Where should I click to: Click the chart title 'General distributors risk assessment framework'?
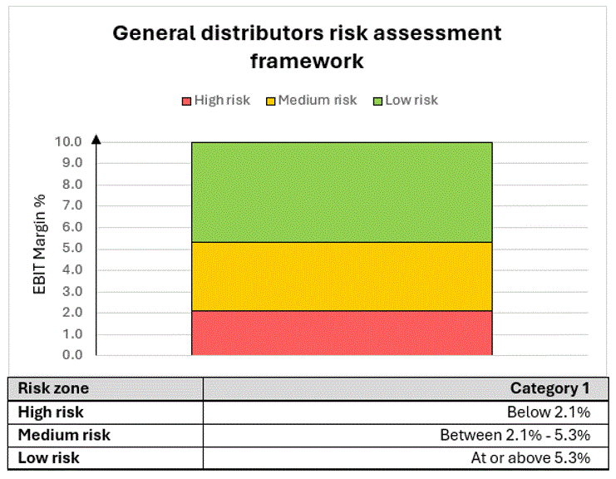point(307,47)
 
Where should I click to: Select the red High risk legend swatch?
point(186,101)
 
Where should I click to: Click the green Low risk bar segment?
point(342,191)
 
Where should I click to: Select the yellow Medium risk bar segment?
point(342,276)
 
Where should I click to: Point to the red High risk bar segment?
point(342,333)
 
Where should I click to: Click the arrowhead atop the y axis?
point(96,140)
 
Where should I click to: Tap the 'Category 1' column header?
point(549,388)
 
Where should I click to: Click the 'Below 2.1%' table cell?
point(549,412)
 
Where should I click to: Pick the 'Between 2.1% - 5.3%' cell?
point(515,435)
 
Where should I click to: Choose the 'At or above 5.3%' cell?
point(530,458)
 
